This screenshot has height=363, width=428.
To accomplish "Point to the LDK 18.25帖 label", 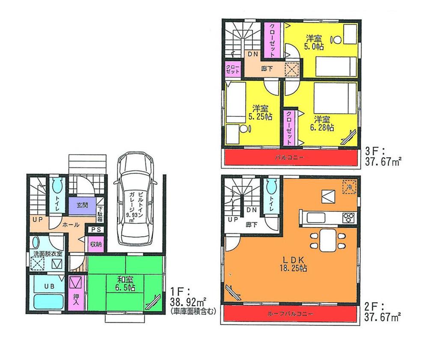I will [292, 263].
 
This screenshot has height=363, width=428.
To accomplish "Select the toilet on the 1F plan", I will [58, 187].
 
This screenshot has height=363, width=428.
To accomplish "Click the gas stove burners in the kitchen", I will [348, 217].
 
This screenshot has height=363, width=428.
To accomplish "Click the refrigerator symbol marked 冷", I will [349, 187].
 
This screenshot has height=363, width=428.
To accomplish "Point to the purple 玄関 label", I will [82, 205].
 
